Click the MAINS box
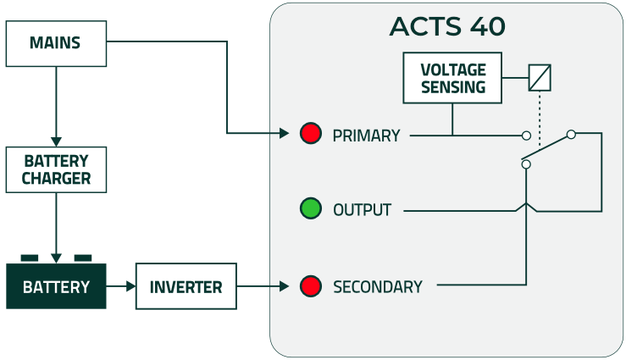(56, 43)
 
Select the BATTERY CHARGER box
(56, 169)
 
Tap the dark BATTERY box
(56, 286)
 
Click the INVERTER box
(186, 286)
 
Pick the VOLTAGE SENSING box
(453, 78)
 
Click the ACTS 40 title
(446, 26)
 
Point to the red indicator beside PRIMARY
(311, 133)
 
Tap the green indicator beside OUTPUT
(311, 208)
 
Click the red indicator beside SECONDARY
(311, 286)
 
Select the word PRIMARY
(366, 136)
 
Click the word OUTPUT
(362, 210)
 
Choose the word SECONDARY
(377, 287)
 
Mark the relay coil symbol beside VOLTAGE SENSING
(540, 78)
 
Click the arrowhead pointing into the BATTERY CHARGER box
(56, 141)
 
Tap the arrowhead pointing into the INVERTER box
(130, 286)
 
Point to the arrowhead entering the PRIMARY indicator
(285, 133)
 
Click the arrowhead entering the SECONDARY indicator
(284, 286)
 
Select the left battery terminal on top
(30, 257)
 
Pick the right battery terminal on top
(82, 257)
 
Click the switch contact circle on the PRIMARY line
(526, 136)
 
